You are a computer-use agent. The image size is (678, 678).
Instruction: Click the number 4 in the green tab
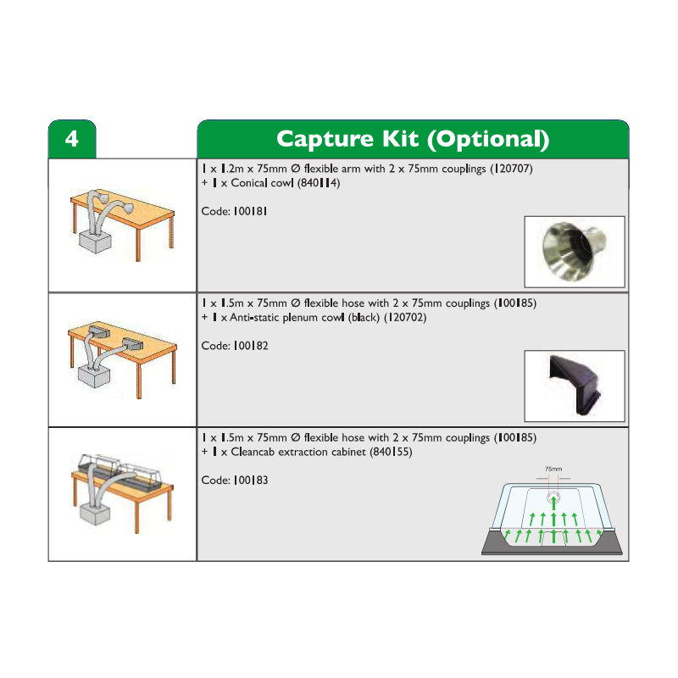[72, 139]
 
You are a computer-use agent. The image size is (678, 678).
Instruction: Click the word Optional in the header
[488, 140]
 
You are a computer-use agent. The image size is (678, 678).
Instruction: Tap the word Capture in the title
[325, 140]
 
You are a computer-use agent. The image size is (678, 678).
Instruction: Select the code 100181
[250, 211]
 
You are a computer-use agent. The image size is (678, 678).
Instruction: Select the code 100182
[251, 346]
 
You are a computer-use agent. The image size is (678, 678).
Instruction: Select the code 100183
[251, 480]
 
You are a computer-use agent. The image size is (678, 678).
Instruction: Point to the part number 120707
[511, 168]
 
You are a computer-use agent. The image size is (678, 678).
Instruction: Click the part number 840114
[319, 182]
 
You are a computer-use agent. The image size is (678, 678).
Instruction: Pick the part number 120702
[405, 317]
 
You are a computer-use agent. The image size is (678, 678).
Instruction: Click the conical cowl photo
[575, 252]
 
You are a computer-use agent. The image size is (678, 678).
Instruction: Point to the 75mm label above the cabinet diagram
[553, 469]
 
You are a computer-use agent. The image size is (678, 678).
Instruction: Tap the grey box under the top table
[95, 242]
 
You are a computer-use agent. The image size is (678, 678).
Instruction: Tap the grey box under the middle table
[95, 376]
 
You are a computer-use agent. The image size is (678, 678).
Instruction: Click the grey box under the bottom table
[95, 514]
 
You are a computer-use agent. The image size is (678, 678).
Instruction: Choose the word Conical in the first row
[249, 182]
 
